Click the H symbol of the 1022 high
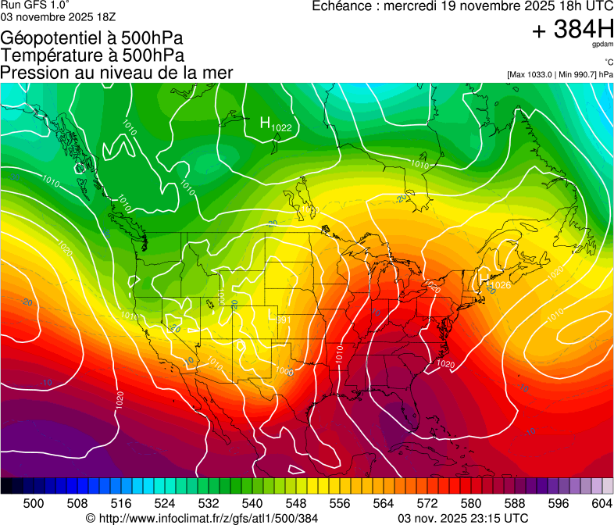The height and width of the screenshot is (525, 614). click(266, 123)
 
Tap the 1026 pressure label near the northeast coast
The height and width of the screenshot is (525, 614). click(501, 285)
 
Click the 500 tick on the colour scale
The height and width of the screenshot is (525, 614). click(34, 502)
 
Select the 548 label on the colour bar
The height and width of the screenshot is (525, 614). click(297, 502)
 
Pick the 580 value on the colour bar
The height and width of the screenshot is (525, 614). click(471, 502)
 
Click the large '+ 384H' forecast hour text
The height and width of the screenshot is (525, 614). click(573, 30)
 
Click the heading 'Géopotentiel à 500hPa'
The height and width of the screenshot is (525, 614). click(92, 38)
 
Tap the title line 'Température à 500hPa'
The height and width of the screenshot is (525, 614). click(92, 55)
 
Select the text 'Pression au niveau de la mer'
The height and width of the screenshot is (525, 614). click(116, 73)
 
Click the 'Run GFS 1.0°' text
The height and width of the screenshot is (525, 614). click(36, 5)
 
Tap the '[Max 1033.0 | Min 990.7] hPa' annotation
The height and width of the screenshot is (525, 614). click(559, 74)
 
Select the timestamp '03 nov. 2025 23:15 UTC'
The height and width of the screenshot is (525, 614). click(463, 518)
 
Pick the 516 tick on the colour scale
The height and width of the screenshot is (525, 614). click(122, 502)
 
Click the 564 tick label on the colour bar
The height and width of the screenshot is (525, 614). click(384, 502)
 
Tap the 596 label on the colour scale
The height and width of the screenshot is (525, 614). click(558, 502)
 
